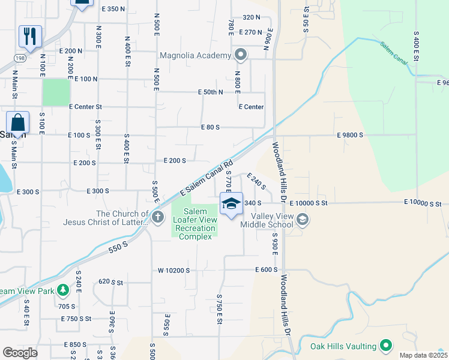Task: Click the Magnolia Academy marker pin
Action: pos(241,56)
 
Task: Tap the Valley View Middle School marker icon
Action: pos(303,219)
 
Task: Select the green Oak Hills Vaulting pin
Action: pos(386,346)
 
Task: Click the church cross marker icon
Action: pos(158,217)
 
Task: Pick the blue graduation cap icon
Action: pos(231,203)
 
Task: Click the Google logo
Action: pos(20,353)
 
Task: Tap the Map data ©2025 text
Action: pos(424,355)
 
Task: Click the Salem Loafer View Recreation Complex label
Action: pos(196,224)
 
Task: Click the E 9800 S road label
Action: pos(350,136)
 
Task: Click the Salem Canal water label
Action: pos(393,53)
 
